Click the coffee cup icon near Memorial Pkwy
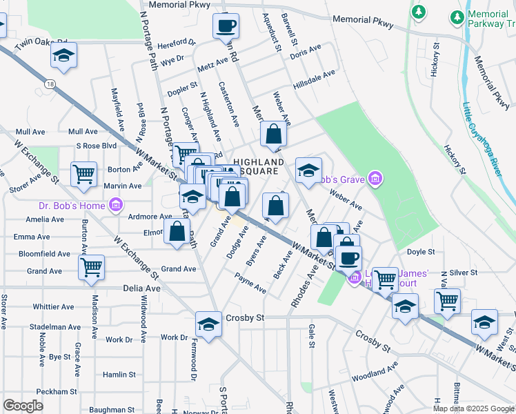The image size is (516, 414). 226,26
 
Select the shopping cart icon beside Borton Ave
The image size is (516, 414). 83,175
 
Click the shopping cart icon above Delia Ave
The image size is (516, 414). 91,268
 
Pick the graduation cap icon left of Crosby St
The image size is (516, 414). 208,323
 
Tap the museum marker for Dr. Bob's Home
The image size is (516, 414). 116,205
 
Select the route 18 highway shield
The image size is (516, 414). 50,83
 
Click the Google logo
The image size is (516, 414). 23,405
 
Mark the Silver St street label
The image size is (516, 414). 463,273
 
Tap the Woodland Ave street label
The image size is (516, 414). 375,373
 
